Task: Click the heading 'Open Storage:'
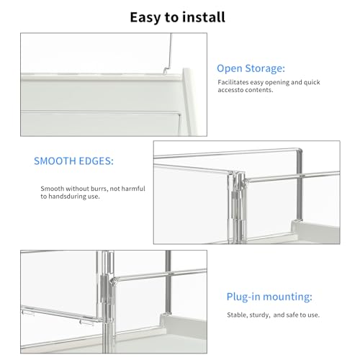point(251,69)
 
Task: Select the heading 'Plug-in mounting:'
point(259,296)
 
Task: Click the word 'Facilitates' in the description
point(235,84)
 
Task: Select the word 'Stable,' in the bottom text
point(229,314)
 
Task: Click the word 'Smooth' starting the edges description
point(53,188)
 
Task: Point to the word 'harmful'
point(133,188)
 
